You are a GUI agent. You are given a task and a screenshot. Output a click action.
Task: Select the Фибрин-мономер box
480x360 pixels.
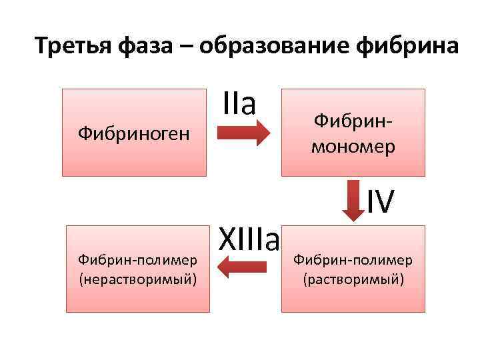[353, 133]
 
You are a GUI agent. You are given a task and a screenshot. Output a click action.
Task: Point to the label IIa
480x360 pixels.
[239, 104]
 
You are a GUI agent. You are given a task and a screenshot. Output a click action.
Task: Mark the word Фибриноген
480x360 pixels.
[134, 134]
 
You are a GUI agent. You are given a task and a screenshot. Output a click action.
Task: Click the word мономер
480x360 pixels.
[353, 147]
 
